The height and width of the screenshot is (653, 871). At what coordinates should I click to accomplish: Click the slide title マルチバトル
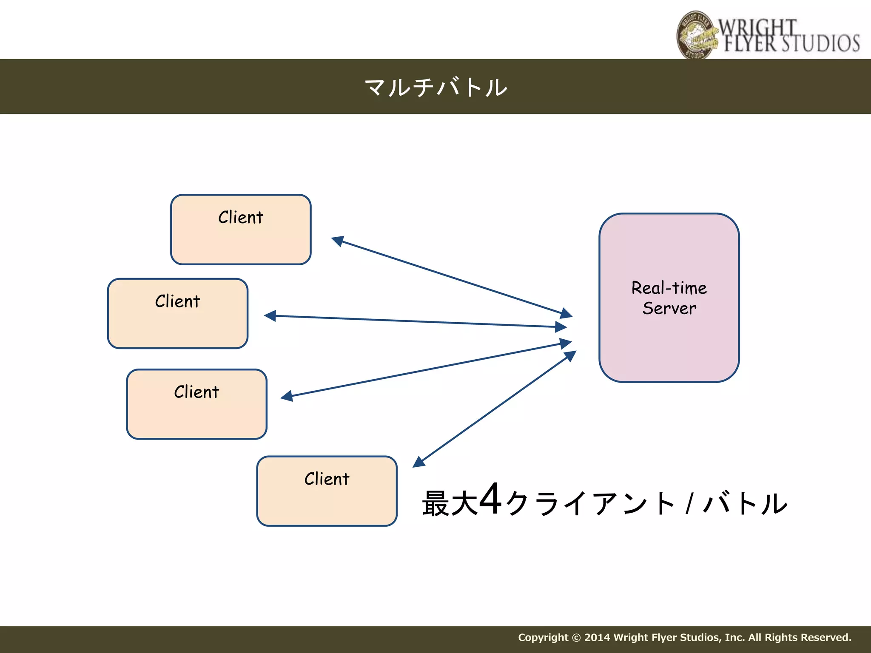coord(435,87)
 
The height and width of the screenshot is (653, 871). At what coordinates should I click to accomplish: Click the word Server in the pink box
coord(669,308)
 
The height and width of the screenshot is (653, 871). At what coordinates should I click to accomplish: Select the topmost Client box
coord(241,238)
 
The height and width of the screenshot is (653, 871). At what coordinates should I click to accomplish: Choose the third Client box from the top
coord(196,412)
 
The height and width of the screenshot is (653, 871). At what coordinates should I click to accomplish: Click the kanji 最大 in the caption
coord(450,503)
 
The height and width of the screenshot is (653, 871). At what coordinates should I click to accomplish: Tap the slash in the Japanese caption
coord(690,503)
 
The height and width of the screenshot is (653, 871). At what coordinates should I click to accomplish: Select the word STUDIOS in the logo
coord(820,43)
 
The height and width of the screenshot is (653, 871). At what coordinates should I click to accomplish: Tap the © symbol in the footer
coord(576,638)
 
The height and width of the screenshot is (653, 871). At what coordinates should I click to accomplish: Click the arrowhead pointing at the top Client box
coord(338,241)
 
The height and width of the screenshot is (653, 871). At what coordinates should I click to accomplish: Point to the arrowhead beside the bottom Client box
coord(419,462)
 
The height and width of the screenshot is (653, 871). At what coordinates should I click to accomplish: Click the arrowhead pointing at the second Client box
coord(270,316)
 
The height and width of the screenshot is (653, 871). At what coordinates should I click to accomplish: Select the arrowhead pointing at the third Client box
coord(287,396)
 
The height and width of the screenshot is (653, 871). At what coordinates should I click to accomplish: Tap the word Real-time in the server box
coord(669,288)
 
